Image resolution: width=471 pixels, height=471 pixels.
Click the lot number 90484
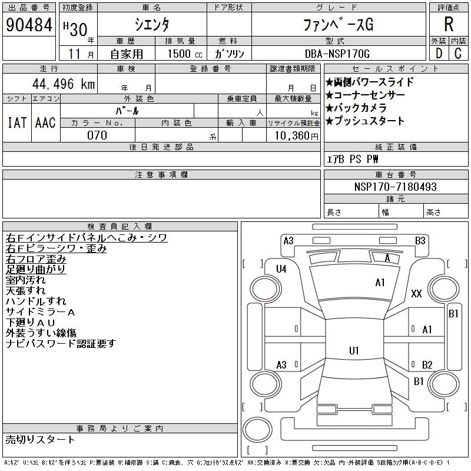point(29,25)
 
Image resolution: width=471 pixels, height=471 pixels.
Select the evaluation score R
point(449,25)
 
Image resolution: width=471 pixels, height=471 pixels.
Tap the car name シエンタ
point(151,25)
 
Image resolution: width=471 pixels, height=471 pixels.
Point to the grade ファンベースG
point(338,25)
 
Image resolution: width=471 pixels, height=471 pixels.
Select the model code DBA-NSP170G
point(339,54)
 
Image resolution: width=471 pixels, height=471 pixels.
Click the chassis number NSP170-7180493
point(396,187)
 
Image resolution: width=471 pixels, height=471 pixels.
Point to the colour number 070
point(97,135)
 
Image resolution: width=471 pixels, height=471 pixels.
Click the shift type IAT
point(16,122)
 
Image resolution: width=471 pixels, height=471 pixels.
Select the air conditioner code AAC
point(45,122)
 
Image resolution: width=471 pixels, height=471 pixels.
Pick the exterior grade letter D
point(439,54)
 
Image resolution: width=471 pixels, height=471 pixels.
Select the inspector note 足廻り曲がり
point(35,270)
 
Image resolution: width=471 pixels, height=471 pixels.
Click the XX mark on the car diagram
point(416,293)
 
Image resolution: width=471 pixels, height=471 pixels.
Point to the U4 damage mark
point(281,269)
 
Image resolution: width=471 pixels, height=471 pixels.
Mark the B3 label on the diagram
point(420,240)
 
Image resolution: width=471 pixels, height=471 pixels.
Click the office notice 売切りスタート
point(40,439)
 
